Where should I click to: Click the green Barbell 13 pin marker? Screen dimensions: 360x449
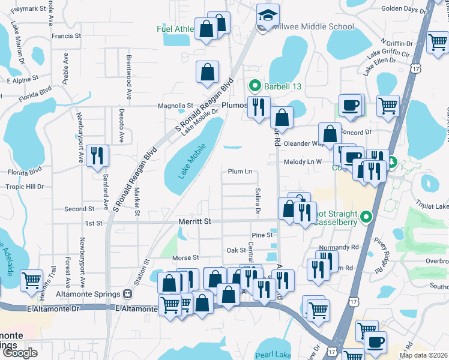pyautogui.click(x=255, y=86)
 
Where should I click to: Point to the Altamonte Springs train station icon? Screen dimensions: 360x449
pyautogui.click(x=127, y=294)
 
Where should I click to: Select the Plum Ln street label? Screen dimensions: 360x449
pyautogui.click(x=240, y=172)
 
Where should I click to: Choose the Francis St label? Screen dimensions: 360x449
pyautogui.click(x=66, y=36)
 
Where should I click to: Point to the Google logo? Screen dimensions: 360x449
pyautogui.click(x=20, y=353)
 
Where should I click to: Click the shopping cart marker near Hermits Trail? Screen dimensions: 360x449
pyautogui.click(x=31, y=280)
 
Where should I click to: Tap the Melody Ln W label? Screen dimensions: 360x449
pyautogui.click(x=303, y=162)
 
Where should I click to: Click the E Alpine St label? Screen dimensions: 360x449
pyautogui.click(x=22, y=79)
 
